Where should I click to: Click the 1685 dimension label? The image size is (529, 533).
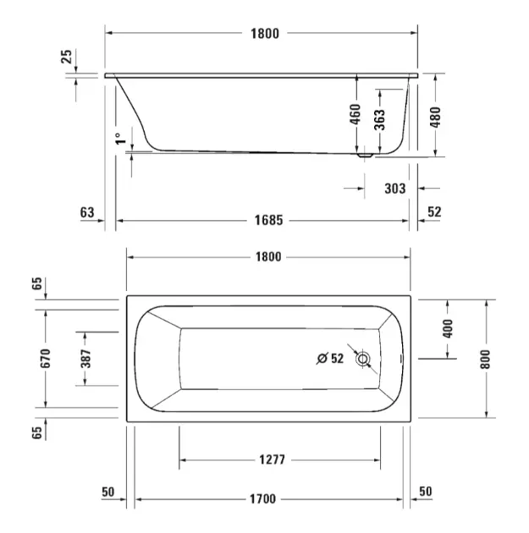268,220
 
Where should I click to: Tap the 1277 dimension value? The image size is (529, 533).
272,459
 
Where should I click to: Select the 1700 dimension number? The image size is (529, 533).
262,499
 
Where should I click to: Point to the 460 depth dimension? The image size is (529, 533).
355,114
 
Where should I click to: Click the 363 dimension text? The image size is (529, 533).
379,119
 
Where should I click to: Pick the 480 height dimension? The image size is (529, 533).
435,117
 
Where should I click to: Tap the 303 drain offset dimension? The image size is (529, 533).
395,189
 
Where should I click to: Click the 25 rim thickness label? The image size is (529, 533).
67,57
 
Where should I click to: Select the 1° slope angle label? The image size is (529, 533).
120,139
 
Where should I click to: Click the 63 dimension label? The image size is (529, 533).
87,212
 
